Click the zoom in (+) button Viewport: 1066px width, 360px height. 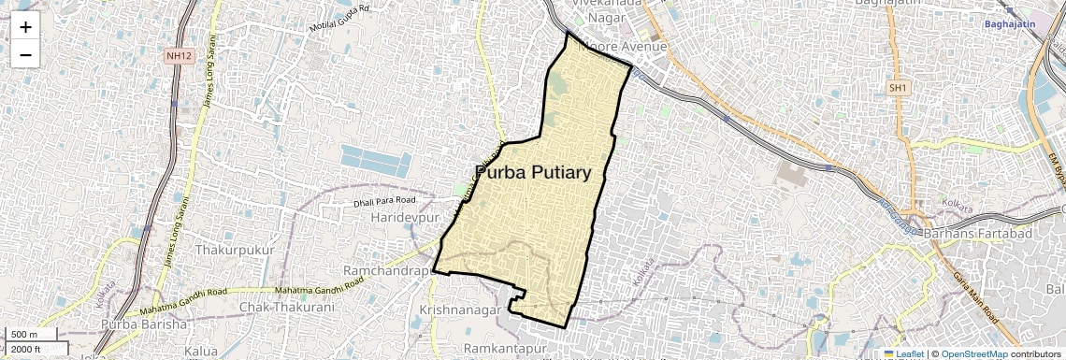tap(25, 27)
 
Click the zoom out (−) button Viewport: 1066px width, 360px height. tap(25, 55)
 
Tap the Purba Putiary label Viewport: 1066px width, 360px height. tap(533, 173)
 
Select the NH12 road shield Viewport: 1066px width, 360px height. tap(175, 56)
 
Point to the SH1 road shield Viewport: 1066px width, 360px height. tap(898, 87)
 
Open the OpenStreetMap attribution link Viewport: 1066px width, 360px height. tap(973, 354)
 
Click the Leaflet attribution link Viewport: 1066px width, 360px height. tap(903, 354)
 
